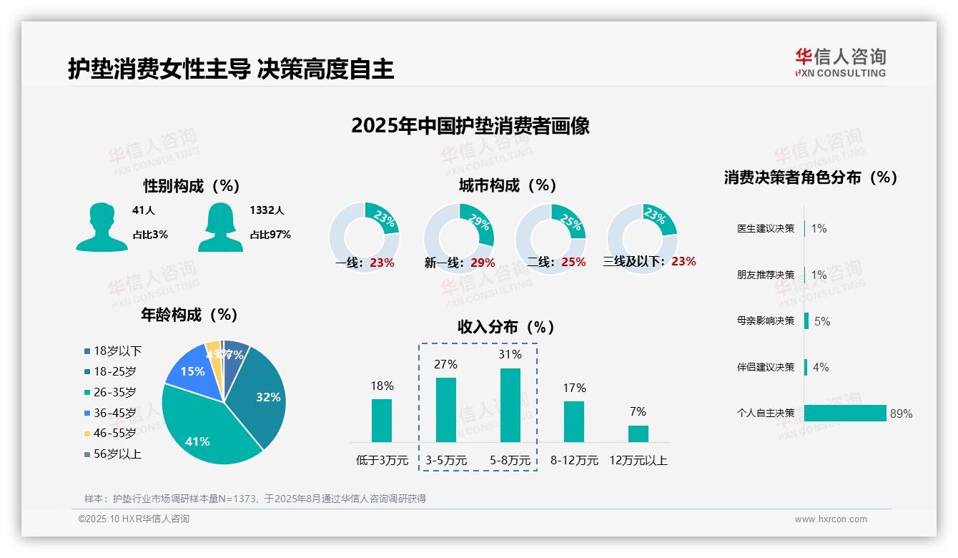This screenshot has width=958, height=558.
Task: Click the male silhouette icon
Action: [x=102, y=227]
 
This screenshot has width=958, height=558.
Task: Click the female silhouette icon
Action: [x=220, y=227]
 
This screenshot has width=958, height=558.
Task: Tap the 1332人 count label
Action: [x=267, y=210]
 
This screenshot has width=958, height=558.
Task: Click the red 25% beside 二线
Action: [x=573, y=263]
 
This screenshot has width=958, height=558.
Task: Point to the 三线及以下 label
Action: [x=633, y=262]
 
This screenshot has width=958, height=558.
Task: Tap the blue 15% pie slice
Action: [x=192, y=372]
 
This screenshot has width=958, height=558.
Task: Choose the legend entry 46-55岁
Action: [x=114, y=434]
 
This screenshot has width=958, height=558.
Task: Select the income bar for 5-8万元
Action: [x=510, y=405]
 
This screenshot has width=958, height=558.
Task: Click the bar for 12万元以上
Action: [x=638, y=434]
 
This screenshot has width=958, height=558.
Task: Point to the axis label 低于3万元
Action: [x=382, y=461]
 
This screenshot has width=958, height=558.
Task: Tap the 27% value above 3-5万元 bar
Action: [x=445, y=365]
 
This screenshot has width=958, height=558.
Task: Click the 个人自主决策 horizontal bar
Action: [x=845, y=413]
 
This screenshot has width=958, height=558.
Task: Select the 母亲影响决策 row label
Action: [x=766, y=320]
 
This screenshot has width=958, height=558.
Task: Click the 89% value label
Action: [x=901, y=413]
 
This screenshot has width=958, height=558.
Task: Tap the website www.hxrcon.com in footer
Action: [x=831, y=519]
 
